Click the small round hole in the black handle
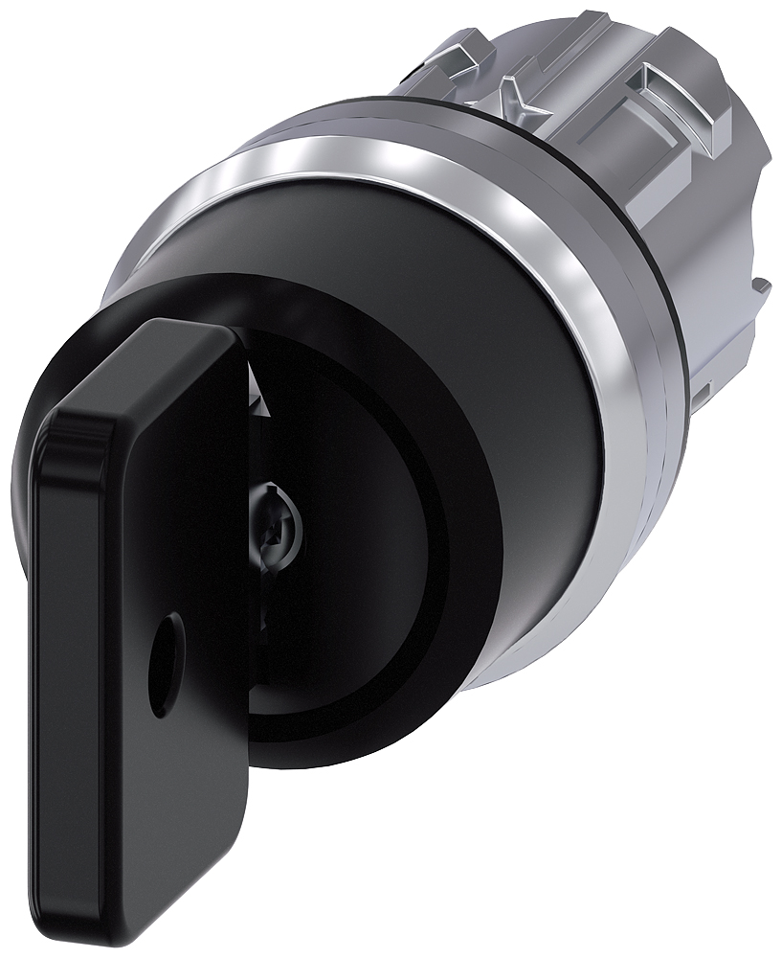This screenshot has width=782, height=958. pos(169,637)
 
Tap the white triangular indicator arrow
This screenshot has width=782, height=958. pos(255,387)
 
